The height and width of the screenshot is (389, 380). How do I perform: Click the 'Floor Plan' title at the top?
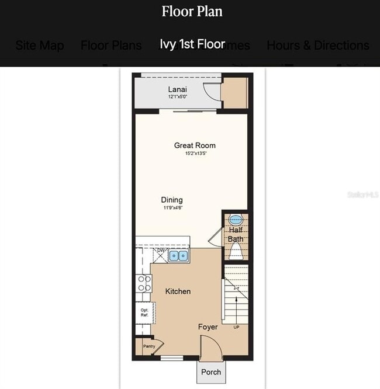192,11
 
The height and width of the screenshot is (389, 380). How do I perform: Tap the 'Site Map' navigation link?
40,46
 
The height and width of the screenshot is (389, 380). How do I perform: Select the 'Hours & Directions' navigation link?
317,46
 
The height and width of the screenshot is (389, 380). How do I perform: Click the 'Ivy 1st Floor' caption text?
192,45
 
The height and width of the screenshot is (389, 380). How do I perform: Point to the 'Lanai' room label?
178,89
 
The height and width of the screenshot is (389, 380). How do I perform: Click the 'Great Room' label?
195,145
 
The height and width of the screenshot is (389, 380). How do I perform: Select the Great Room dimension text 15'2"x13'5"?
195,154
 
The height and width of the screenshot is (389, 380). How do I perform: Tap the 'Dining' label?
172,200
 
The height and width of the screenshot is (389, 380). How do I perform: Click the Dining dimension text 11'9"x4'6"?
172,207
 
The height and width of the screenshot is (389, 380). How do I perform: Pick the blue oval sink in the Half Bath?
236,220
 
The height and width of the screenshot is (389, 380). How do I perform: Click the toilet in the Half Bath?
236,251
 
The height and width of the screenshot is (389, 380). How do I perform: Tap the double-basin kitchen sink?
178,255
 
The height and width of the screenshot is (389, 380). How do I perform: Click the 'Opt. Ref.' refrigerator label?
144,312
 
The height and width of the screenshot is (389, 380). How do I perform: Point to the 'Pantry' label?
149,346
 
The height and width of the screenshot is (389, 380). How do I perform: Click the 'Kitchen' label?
178,291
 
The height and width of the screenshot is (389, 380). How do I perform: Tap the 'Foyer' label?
208,327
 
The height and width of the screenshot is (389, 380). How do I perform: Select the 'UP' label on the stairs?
236,327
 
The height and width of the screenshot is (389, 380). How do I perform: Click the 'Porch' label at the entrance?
211,371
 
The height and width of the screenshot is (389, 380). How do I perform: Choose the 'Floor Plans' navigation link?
111,46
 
